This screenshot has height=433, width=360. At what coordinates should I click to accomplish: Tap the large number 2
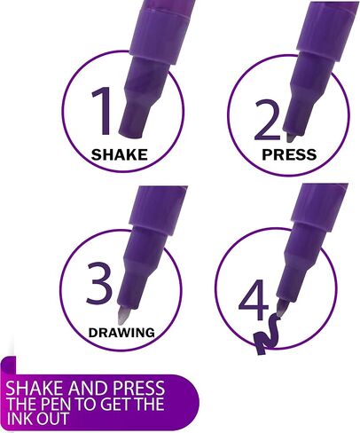pyautogui.click(x=267, y=120)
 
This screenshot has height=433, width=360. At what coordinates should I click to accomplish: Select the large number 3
pyautogui.click(x=99, y=283)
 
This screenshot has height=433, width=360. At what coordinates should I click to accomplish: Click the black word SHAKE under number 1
pyautogui.click(x=119, y=154)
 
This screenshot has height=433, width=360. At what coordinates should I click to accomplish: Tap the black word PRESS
pyautogui.click(x=289, y=154)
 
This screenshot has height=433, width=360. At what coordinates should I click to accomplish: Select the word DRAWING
pyautogui.click(x=121, y=333)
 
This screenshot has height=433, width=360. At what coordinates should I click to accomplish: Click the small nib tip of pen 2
pyautogui.click(x=291, y=138)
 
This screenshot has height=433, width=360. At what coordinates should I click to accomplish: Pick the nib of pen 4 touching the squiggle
pyautogui.click(x=282, y=308)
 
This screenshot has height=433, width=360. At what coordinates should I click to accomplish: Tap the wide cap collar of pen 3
pyautogui.click(x=157, y=209)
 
